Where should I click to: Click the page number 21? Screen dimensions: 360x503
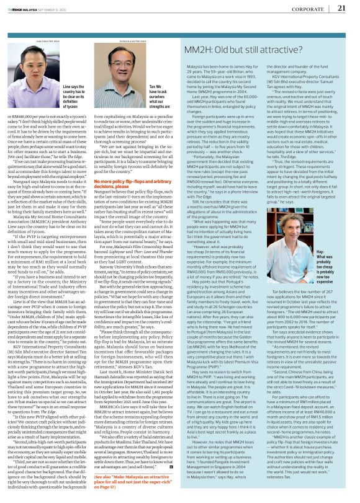(x=349, y=7)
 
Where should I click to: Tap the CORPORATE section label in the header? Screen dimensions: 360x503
(x=317, y=8)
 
